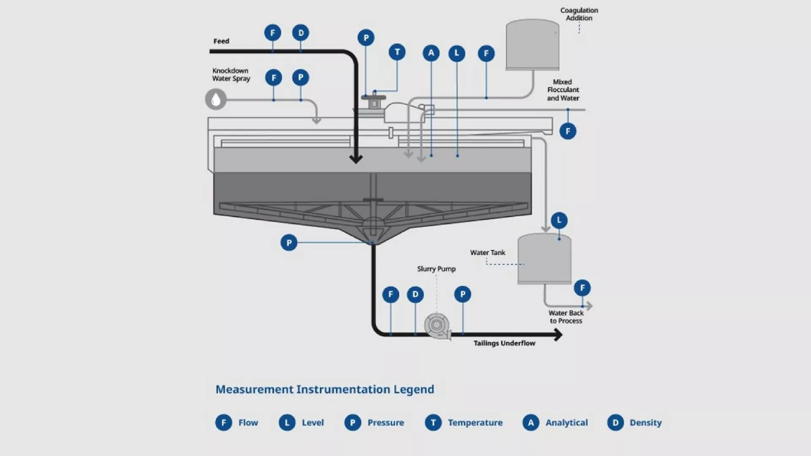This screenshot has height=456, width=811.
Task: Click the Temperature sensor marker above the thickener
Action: pyautogui.click(x=397, y=52)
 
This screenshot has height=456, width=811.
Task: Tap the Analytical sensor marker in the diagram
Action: pyautogui.click(x=431, y=53)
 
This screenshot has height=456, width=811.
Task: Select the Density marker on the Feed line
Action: pyautogui.click(x=301, y=33)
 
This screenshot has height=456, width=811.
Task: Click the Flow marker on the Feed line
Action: pyautogui.click(x=272, y=33)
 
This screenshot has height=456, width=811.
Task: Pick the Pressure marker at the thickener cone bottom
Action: pyautogui.click(x=289, y=243)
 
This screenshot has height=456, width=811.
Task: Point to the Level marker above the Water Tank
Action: pyautogui.click(x=559, y=220)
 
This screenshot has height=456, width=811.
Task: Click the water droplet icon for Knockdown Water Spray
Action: pyautogui.click(x=216, y=100)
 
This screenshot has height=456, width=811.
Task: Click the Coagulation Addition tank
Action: pyautogui.click(x=532, y=44)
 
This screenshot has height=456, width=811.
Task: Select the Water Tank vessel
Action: pyautogui.click(x=544, y=259)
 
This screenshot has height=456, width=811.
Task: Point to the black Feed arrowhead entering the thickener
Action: pyautogui.click(x=356, y=159)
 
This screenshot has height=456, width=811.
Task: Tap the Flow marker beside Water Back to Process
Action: pyautogui.click(x=582, y=288)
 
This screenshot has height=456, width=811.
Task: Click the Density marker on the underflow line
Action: pyautogui.click(x=415, y=294)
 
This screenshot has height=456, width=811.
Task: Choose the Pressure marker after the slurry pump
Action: pyautogui.click(x=463, y=294)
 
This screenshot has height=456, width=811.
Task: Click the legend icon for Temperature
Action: pyautogui.click(x=433, y=423)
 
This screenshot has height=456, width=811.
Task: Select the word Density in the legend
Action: pyautogui.click(x=645, y=423)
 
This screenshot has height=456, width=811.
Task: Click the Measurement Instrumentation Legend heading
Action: pyautogui.click(x=324, y=389)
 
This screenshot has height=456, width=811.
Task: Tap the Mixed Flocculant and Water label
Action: pyautogui.click(x=563, y=90)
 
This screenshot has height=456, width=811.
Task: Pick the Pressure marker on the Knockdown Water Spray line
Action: pyautogui.click(x=301, y=78)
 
